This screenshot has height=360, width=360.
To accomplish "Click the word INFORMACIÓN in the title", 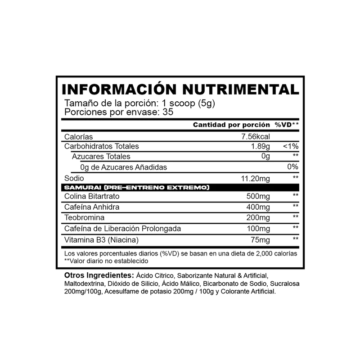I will coord(110,89).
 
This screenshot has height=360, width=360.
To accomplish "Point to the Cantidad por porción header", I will coord(231,125).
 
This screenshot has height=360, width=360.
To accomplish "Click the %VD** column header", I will coord(287,125).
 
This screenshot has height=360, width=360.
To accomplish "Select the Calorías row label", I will coord(79,136).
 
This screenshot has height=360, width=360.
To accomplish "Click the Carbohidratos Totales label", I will coord(102,146).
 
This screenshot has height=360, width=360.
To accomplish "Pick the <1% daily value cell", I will coord(290,146).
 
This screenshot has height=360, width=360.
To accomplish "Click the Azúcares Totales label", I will coord(101,157).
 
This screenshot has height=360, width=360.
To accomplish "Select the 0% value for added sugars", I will coord(293,167).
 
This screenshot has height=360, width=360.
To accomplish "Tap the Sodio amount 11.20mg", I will coord(256,178).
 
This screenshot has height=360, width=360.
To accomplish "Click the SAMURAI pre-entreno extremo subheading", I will coord(137,187).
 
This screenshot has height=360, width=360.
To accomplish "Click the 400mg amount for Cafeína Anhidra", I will coord(258,207).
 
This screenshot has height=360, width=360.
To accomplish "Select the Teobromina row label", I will coord(85,218).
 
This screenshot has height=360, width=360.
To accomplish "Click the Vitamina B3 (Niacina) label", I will coord(102,239).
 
